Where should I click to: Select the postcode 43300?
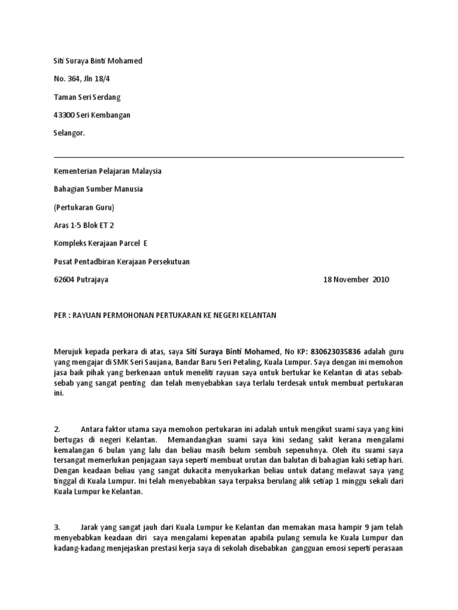pyautogui.click(x=64, y=115)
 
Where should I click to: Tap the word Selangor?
pyautogui.click(x=69, y=133)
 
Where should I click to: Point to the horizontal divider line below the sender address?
pyautogui.click(x=229, y=157)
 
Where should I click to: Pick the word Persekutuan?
pyautogui.click(x=169, y=261)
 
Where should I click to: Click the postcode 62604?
pyautogui.click(x=64, y=279)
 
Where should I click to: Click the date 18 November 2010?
pyautogui.click(x=356, y=279)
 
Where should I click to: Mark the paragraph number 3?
pyautogui.click(x=57, y=527)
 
